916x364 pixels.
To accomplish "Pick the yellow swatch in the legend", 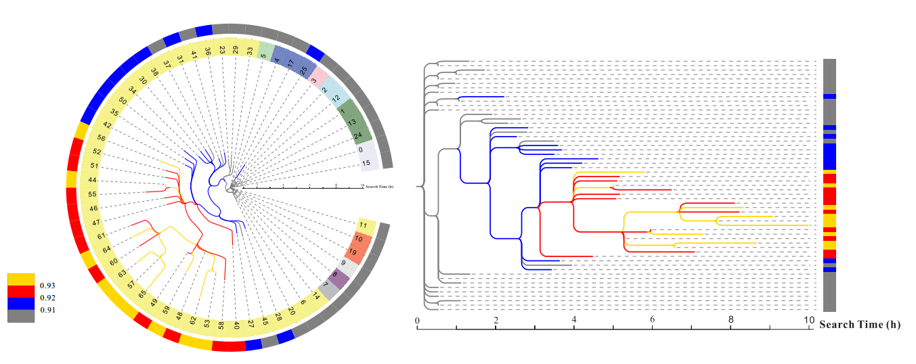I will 21,279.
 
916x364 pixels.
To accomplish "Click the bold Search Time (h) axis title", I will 860,325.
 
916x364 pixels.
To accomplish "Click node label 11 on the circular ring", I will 364,225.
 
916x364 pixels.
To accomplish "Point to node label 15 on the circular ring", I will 366,163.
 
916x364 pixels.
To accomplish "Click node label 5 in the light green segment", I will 263,49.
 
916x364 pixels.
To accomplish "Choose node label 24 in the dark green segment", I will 358,135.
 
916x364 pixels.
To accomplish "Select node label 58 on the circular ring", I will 221,325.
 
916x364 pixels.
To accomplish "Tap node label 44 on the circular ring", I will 92,180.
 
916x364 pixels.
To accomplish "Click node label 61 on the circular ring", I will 102,236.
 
